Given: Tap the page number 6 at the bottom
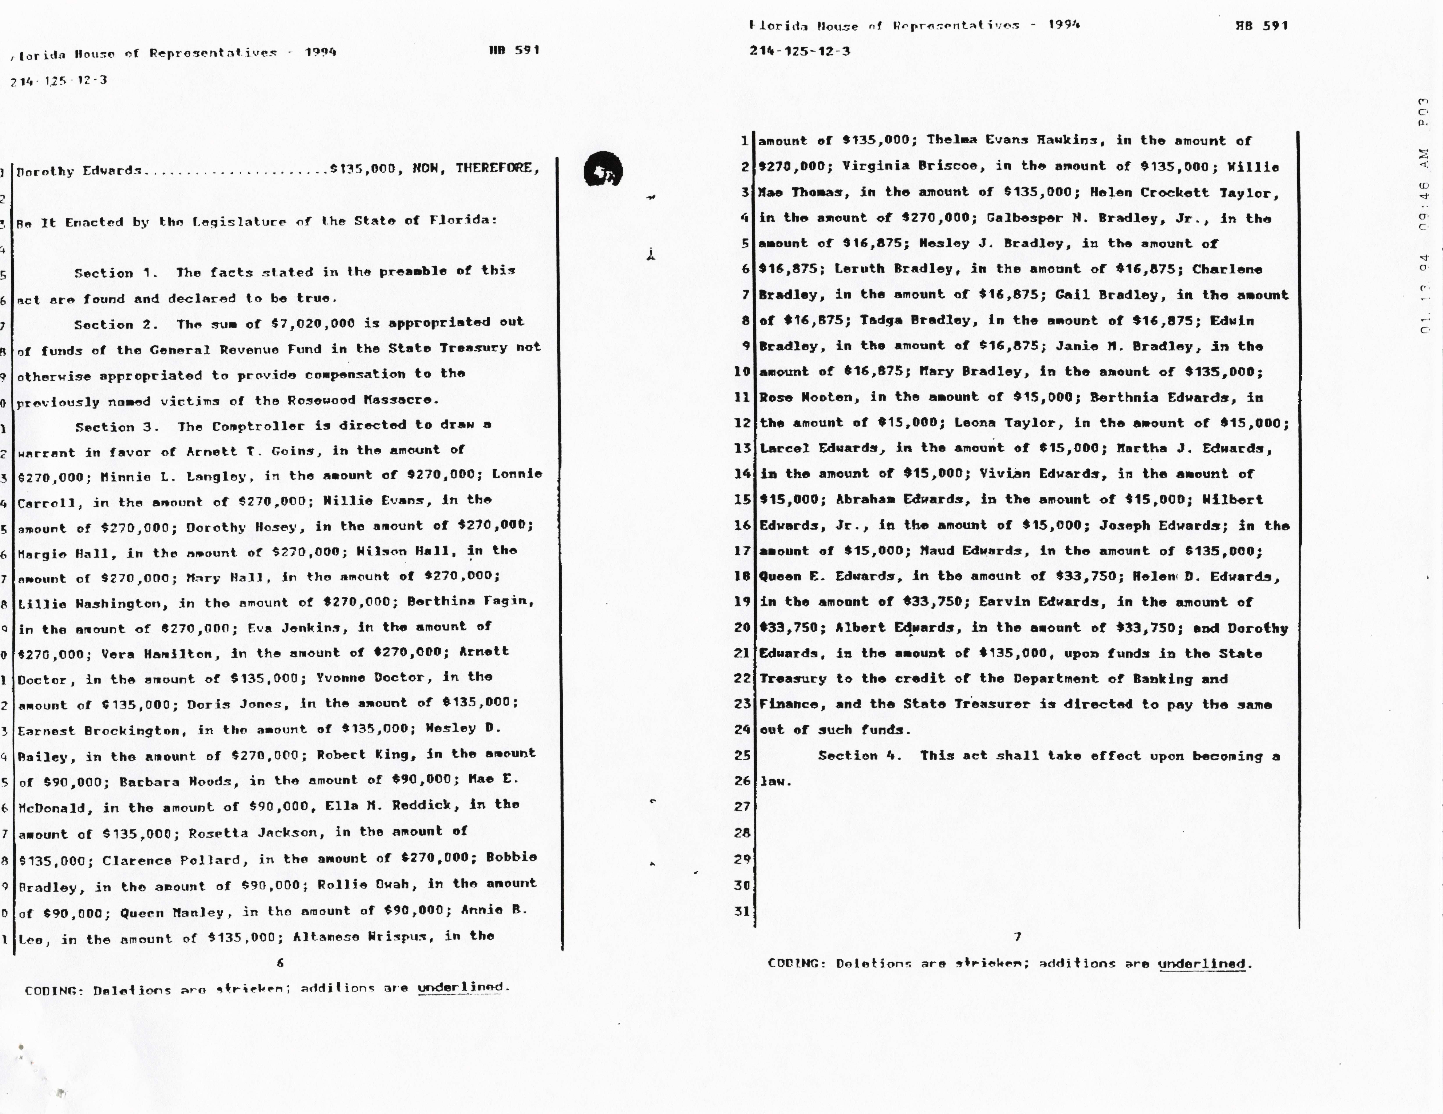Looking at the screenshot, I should [280, 963].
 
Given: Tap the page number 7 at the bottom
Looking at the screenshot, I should [1017, 936].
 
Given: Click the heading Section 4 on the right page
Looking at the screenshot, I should [859, 755].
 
